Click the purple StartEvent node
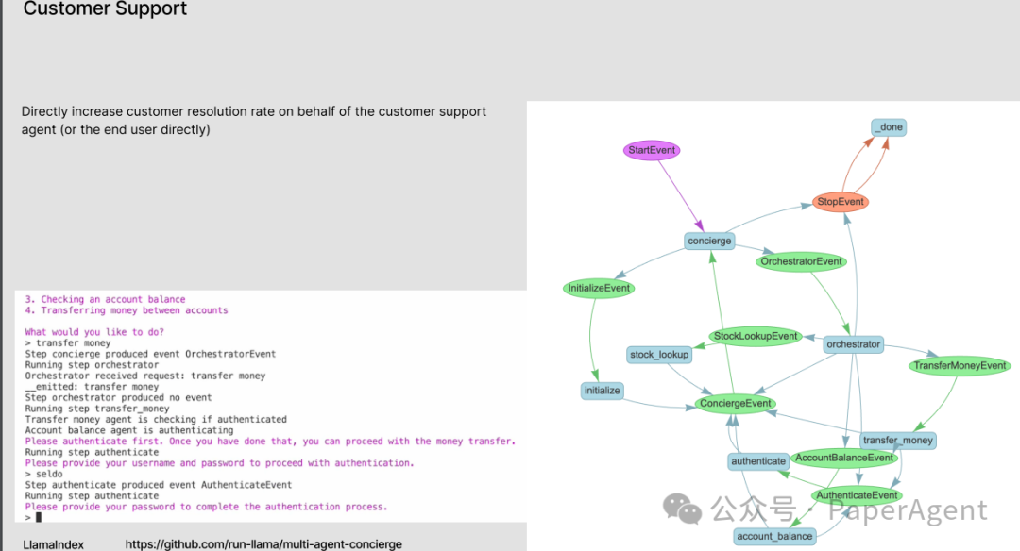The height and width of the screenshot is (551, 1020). tap(653, 151)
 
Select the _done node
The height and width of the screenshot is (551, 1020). tap(889, 127)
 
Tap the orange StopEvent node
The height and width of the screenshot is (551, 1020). tap(841, 202)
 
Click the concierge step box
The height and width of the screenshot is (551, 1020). tap(709, 241)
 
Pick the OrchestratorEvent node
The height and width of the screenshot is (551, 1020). tap(802, 261)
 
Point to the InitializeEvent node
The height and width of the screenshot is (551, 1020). tap(599, 288)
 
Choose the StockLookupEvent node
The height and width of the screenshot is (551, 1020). tap(756, 336)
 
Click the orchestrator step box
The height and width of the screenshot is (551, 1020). tap(853, 344)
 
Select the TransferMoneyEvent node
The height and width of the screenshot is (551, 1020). tap(960, 365)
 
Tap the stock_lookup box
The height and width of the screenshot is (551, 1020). tap(660, 355)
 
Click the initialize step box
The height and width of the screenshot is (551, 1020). tap(603, 390)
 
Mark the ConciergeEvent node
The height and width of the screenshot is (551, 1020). tap(736, 404)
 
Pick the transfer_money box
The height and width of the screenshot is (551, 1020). tap(897, 440)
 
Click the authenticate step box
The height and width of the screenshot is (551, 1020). tap(758, 461)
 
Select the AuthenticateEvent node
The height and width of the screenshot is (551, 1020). tap(857, 495)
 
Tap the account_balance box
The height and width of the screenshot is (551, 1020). tap(774, 536)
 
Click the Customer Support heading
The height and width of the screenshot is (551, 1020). tap(105, 9)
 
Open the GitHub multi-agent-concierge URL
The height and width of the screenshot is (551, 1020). tap(263, 544)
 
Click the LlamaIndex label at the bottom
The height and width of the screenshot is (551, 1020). tap(53, 544)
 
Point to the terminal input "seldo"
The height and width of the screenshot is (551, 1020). tap(49, 474)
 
